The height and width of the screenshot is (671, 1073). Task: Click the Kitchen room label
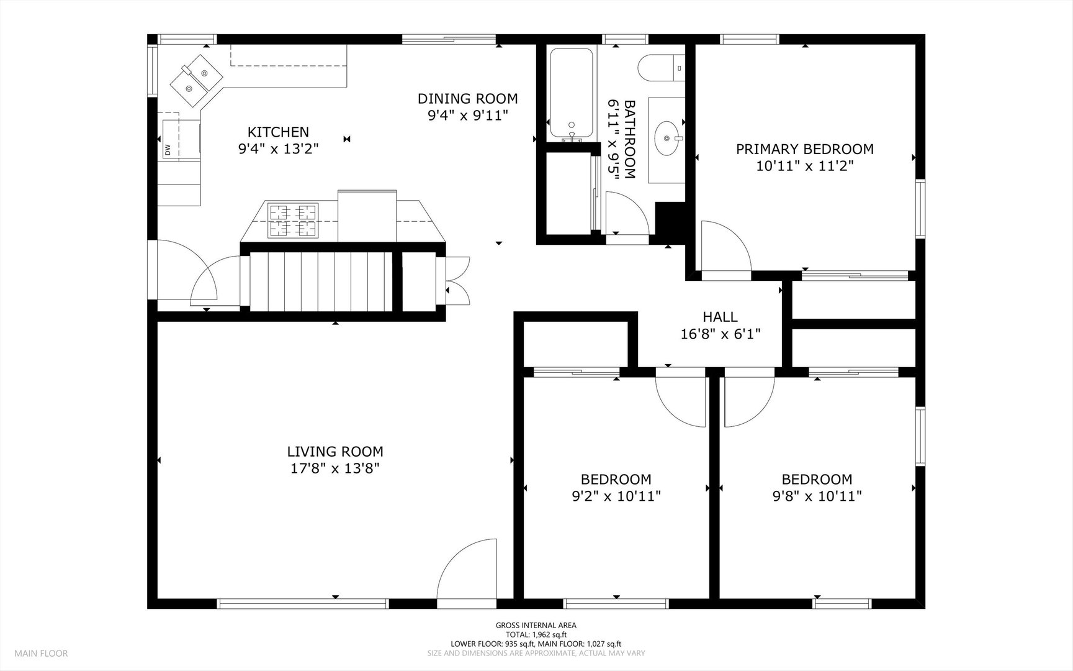click(x=278, y=132)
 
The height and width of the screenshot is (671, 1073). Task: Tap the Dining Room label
click(x=467, y=98)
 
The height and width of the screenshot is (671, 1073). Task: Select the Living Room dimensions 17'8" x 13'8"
click(x=335, y=468)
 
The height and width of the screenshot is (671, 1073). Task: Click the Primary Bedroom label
click(x=805, y=149)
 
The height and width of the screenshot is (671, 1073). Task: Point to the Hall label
click(x=721, y=317)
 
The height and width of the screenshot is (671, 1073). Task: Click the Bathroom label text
click(x=630, y=139)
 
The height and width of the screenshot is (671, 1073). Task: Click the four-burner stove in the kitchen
click(x=293, y=221)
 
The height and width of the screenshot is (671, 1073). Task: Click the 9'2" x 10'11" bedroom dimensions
click(x=616, y=496)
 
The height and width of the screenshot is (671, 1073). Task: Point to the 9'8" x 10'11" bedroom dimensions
click(x=817, y=496)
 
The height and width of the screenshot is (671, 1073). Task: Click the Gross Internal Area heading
click(x=536, y=626)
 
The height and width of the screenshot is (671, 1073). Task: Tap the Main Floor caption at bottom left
click(x=41, y=654)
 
